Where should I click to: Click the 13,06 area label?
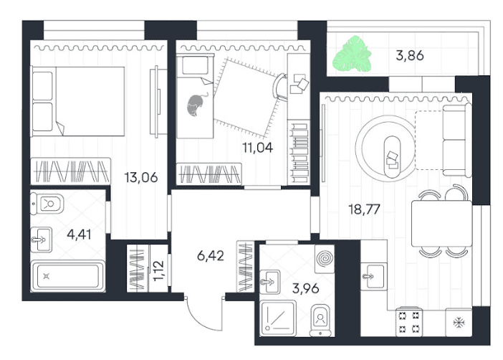click(141, 177)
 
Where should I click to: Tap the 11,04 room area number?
click(258, 148)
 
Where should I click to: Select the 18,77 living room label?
click(364, 209)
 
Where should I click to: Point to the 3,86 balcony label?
click(410, 55)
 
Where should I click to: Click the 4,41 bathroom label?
click(79, 235)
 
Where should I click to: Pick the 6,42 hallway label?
click(211, 256)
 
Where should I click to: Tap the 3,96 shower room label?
click(305, 288)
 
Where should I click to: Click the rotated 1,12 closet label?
click(158, 271)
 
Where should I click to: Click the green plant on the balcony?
click(352, 54)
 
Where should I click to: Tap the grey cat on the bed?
click(196, 105)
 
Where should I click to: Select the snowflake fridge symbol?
click(459, 323)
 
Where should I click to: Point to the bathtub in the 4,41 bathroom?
click(68, 276)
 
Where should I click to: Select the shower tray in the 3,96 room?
click(278, 318)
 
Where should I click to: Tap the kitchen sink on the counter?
click(373, 276)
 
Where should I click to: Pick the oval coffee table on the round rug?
click(392, 156)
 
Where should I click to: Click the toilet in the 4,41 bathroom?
click(47, 204)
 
